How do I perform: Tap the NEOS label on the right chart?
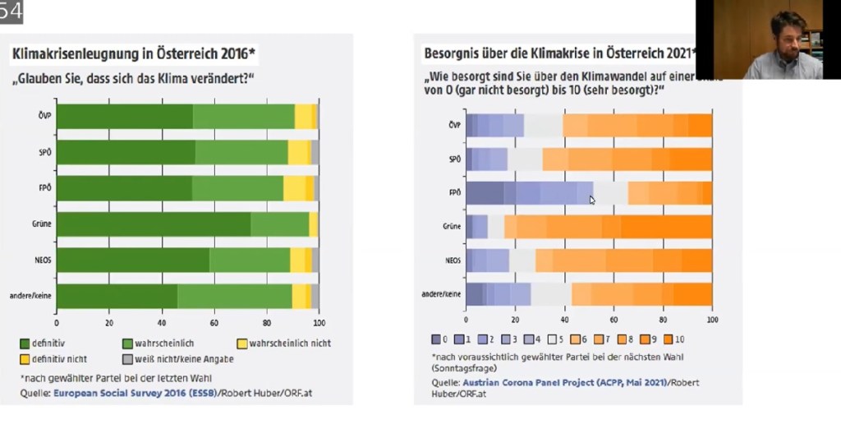[x=453, y=260]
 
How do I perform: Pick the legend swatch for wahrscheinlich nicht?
[x=241, y=343]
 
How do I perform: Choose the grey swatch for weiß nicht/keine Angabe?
[x=126, y=359]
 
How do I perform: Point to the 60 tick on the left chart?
[x=214, y=323]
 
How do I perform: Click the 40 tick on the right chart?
[x=564, y=319]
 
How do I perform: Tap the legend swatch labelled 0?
[x=436, y=339]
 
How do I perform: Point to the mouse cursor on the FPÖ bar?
[x=591, y=198]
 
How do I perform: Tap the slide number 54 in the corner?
[x=11, y=11]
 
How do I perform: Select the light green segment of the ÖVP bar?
[x=243, y=118]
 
